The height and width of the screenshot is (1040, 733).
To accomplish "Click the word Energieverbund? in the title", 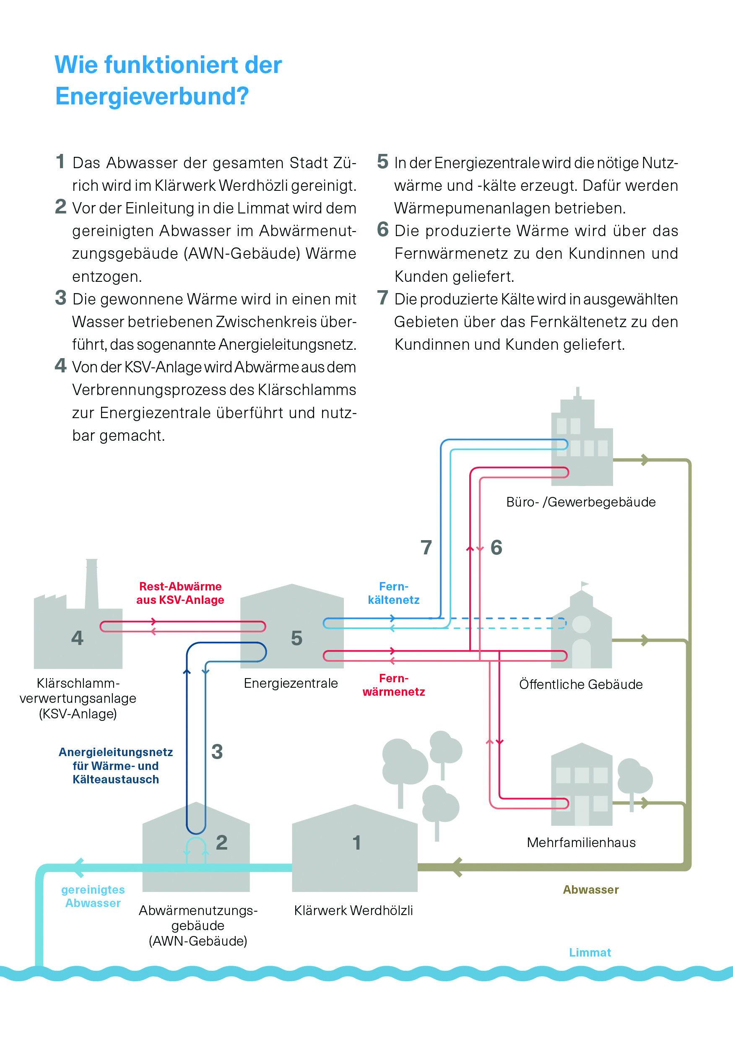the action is point(152,96).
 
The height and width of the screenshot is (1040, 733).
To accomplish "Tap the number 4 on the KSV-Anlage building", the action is point(78,638).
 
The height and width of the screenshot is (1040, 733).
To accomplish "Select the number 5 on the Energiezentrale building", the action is point(297,638).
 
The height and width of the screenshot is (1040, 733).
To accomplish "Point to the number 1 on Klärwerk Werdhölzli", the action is point(357,842).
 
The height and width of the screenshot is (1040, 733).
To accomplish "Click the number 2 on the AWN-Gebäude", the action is point(221,842).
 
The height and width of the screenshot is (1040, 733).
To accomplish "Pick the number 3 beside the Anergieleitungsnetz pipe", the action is point(217,751).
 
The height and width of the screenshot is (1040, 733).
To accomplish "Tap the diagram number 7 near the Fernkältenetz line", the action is point(426,547).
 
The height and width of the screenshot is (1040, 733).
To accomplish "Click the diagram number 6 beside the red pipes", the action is point(496,547).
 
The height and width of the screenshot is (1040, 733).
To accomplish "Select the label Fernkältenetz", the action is point(394,593).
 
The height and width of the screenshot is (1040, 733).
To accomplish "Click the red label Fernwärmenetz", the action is point(394,685).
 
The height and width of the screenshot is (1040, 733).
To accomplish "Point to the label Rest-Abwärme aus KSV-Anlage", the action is point(180,593).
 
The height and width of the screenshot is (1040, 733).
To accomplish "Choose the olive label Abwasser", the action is point(591,889).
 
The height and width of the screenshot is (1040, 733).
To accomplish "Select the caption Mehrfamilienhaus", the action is point(581,842).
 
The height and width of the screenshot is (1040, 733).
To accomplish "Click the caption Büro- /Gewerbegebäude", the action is point(581,502).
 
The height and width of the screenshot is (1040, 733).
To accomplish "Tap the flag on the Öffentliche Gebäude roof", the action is point(585,584).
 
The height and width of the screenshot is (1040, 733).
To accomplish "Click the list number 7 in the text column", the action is point(383,298).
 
